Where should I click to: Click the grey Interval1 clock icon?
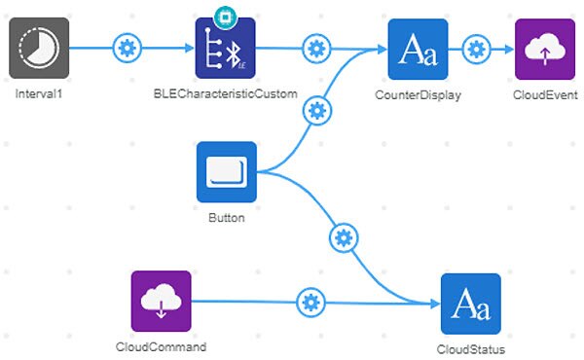click(39, 48)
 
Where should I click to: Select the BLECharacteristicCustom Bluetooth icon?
click(225, 48)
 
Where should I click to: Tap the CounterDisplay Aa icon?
click(418, 48)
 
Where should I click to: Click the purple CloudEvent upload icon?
click(545, 48)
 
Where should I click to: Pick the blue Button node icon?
click(226, 172)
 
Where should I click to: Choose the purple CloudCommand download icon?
click(161, 301)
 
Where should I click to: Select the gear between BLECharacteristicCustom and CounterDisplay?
click(315, 48)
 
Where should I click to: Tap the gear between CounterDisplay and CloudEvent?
click(476, 48)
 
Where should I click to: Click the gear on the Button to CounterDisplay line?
click(315, 109)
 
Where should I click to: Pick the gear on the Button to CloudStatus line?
click(342, 236)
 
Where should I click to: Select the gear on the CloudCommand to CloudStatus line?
click(310, 303)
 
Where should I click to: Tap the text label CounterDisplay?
click(418, 95)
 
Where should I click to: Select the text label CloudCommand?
click(161, 347)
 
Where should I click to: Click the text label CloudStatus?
click(470, 349)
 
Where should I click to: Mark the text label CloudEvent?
click(546, 95)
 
